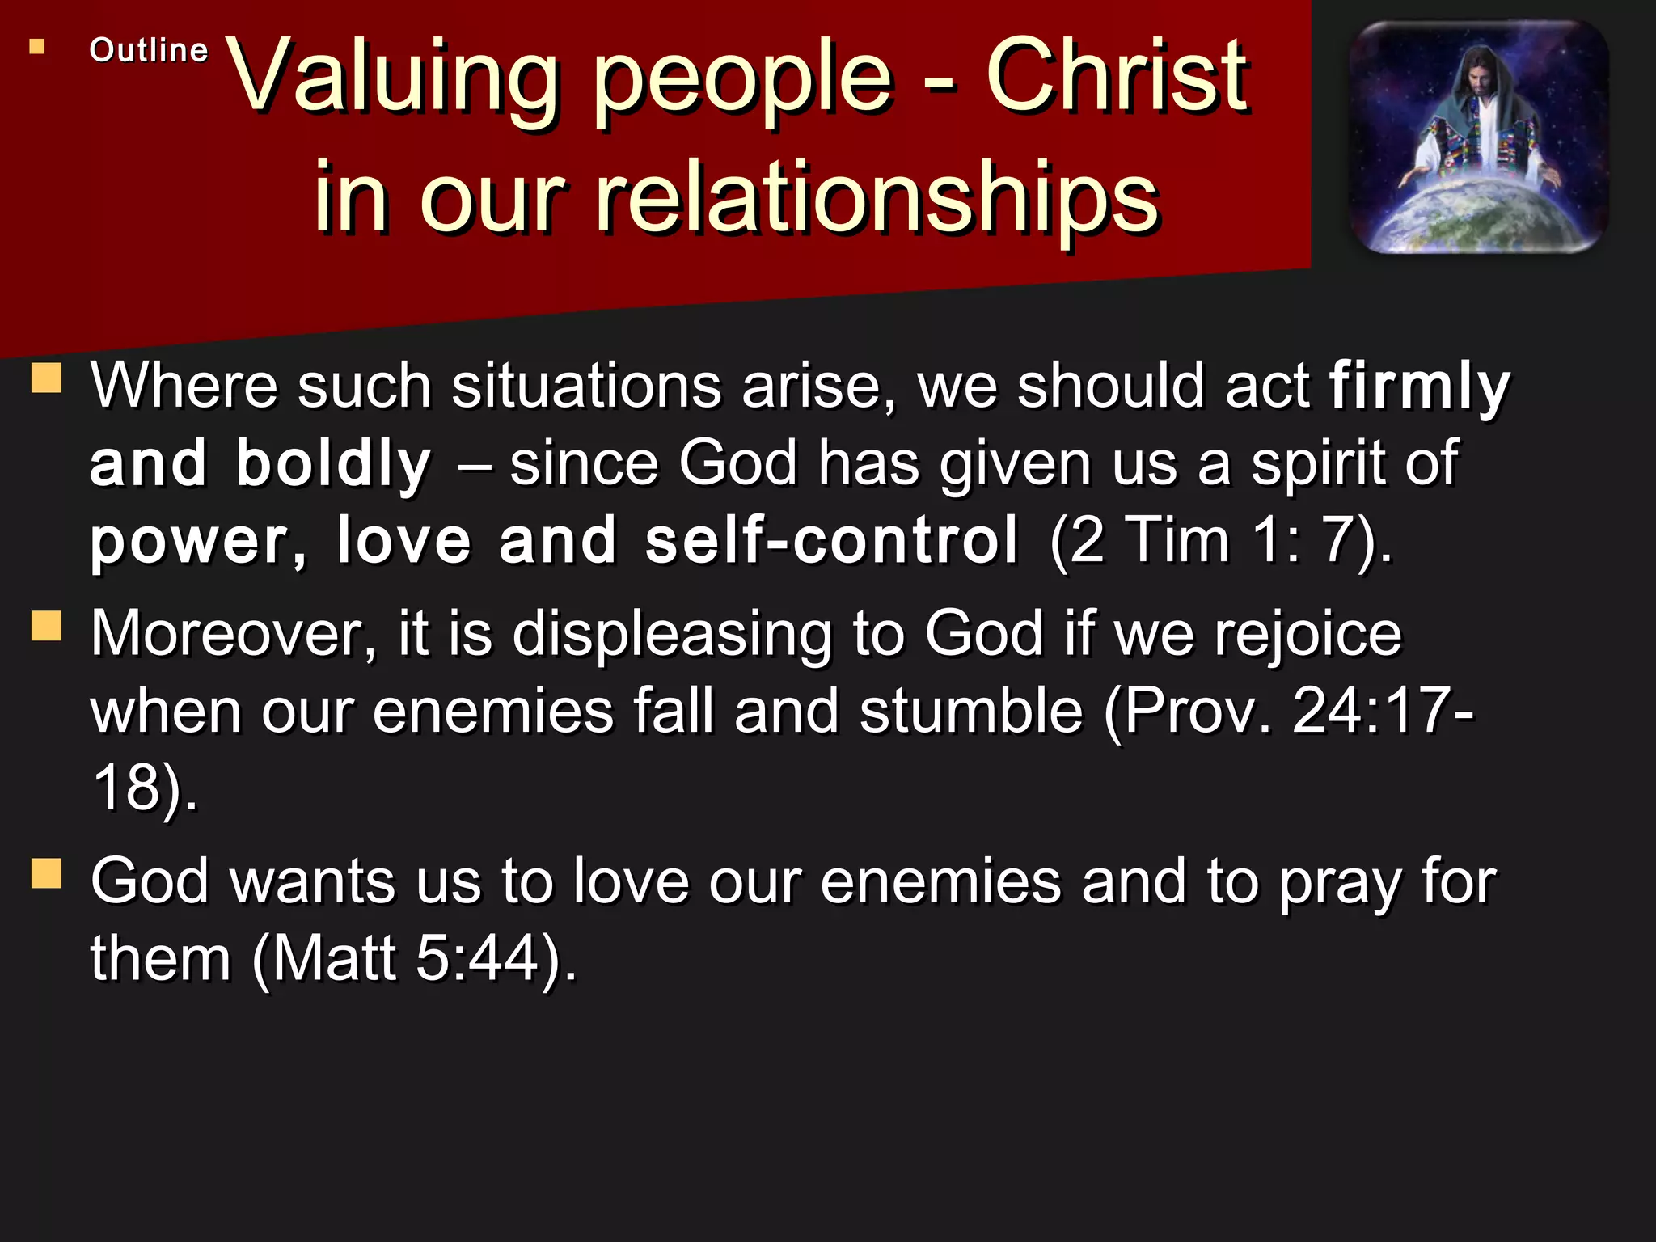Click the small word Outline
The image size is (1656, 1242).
pos(149,50)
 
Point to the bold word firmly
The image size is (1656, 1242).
pos(1419,387)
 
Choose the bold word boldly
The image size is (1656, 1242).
pos(333,464)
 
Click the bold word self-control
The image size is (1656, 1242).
pos(831,540)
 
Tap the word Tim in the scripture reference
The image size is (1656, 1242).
pos(1178,540)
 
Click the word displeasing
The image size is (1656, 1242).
pos(672,633)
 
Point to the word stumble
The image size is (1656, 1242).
pos(970,711)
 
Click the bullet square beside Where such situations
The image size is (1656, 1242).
pos(47,378)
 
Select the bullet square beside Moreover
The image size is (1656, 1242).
pos(47,625)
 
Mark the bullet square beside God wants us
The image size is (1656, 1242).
pos(47,873)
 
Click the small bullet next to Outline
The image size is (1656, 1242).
pos(37,47)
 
